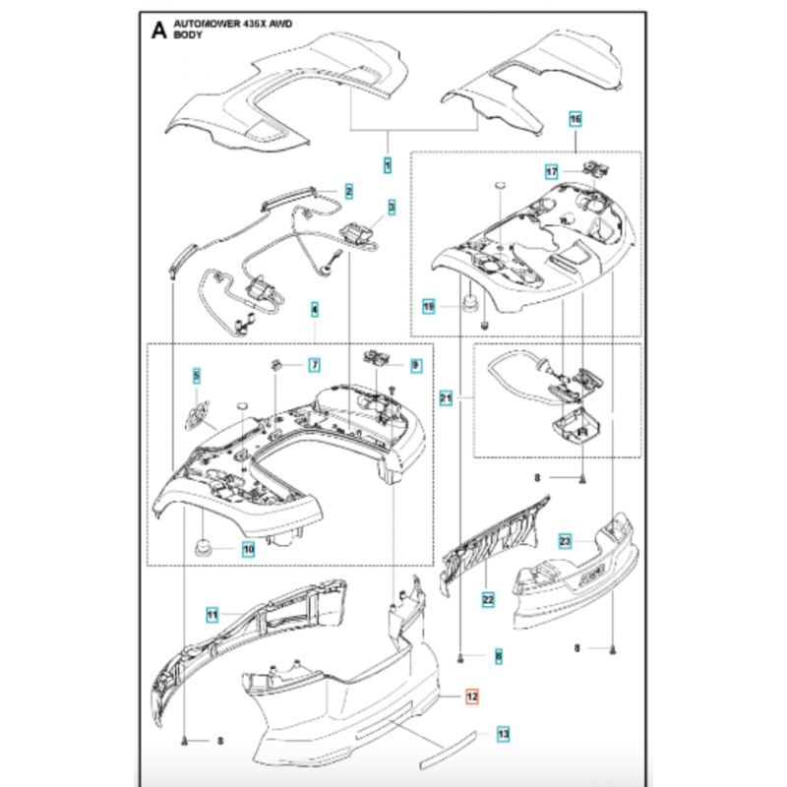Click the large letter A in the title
click(x=158, y=30)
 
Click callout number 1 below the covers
click(x=388, y=165)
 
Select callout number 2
click(x=349, y=191)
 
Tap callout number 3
click(x=392, y=207)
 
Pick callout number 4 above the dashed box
click(x=315, y=310)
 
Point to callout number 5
click(x=196, y=376)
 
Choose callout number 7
click(x=315, y=365)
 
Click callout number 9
click(x=415, y=365)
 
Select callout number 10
click(x=249, y=549)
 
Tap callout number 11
click(x=212, y=615)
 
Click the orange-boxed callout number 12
click(x=472, y=696)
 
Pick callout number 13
click(x=503, y=734)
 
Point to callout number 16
click(x=575, y=119)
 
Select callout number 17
click(x=552, y=171)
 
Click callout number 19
click(x=429, y=306)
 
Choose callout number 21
click(x=446, y=398)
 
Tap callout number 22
click(x=488, y=600)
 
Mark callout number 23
click(x=565, y=541)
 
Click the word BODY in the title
click(x=188, y=34)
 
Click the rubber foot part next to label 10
click(x=204, y=547)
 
